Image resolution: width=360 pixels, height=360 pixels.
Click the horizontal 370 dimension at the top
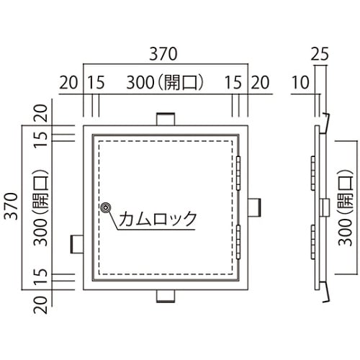(163, 55)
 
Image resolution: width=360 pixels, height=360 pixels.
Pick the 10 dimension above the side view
(302, 83)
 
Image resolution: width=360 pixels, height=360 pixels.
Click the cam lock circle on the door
(106, 208)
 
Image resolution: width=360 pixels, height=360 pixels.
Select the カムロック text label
(157, 218)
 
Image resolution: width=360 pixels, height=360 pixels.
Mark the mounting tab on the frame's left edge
(76, 243)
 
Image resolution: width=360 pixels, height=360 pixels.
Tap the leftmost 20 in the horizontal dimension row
(68, 83)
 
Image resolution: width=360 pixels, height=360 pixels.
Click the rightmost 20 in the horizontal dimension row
(259, 83)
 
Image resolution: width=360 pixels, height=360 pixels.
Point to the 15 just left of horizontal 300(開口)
(96, 83)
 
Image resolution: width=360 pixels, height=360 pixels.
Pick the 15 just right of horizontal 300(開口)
(233, 83)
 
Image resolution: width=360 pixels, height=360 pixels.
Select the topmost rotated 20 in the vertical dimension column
(40, 114)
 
